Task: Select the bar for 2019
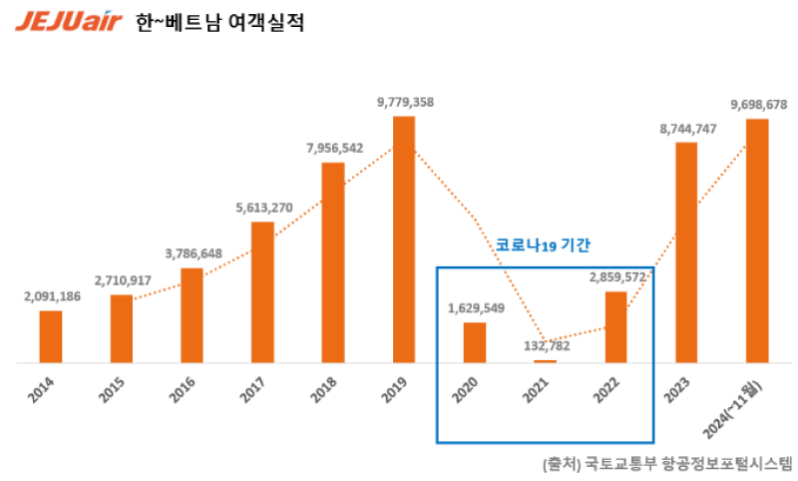pos(403,240)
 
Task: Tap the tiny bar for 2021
pos(546,360)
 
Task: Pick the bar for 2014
pos(51,336)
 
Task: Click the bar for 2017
pos(262,291)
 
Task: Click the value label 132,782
pos(546,346)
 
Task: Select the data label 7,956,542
pos(334,148)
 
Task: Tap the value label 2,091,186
pos(53,296)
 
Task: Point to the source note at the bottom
pos(666,463)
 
